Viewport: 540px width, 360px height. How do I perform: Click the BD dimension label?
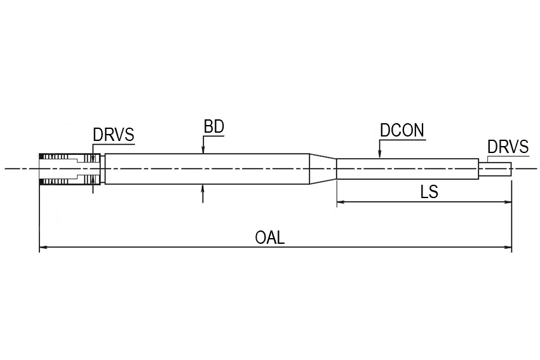click(214, 126)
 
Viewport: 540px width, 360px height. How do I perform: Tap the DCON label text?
click(402, 130)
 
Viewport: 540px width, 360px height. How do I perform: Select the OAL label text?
click(270, 237)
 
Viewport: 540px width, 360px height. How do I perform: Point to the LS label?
click(429, 192)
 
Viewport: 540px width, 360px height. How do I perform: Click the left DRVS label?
click(113, 135)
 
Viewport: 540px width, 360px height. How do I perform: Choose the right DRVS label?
click(508, 147)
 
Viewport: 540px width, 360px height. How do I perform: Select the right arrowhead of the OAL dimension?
click(508, 247)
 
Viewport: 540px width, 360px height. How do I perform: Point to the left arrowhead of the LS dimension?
click(341, 202)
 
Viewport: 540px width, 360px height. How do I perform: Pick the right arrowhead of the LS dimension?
click(508, 202)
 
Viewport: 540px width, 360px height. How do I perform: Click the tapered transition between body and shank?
click(323, 169)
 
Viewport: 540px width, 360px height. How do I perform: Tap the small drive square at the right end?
click(496, 169)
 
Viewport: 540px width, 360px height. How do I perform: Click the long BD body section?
click(207, 169)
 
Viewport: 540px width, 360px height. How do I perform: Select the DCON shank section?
click(407, 169)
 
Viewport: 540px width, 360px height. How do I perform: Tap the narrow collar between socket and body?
click(103, 169)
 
